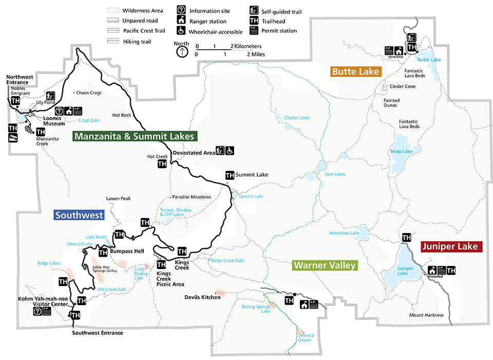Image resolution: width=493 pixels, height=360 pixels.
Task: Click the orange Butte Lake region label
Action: coord(355,71)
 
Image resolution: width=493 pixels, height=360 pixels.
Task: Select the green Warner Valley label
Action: coord(324,266)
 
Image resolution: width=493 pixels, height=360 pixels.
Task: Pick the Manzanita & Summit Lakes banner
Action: coord(134,137)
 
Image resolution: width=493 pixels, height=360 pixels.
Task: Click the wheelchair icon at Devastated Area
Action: coord(230,150)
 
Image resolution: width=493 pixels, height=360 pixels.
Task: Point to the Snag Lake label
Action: coord(401,151)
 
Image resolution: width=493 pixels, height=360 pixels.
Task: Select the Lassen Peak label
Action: coord(119,198)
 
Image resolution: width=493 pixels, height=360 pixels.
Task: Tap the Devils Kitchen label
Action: coord(202,297)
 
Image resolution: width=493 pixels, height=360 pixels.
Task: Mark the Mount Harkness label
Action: coord(426,315)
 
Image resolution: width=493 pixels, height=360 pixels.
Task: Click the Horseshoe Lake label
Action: coord(344,233)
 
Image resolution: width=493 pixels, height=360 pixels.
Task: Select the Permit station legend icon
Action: coord(253,30)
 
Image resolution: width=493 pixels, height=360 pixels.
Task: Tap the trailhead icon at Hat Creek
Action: coord(162,164)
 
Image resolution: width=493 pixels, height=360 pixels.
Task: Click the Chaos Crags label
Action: coord(88,93)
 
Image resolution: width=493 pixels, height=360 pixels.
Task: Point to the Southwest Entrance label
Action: coord(98,333)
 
